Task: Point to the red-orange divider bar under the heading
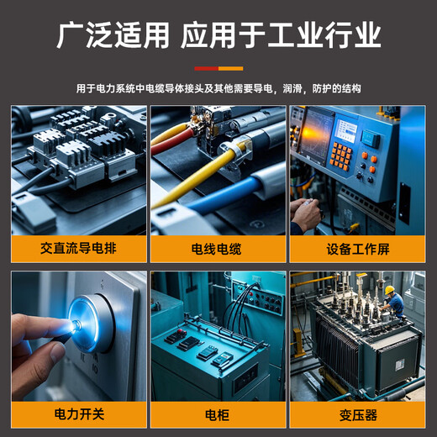tap(218, 68)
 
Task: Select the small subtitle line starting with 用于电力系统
tap(218, 88)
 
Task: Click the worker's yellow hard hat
tap(389, 289)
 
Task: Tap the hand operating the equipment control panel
tap(305, 214)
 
